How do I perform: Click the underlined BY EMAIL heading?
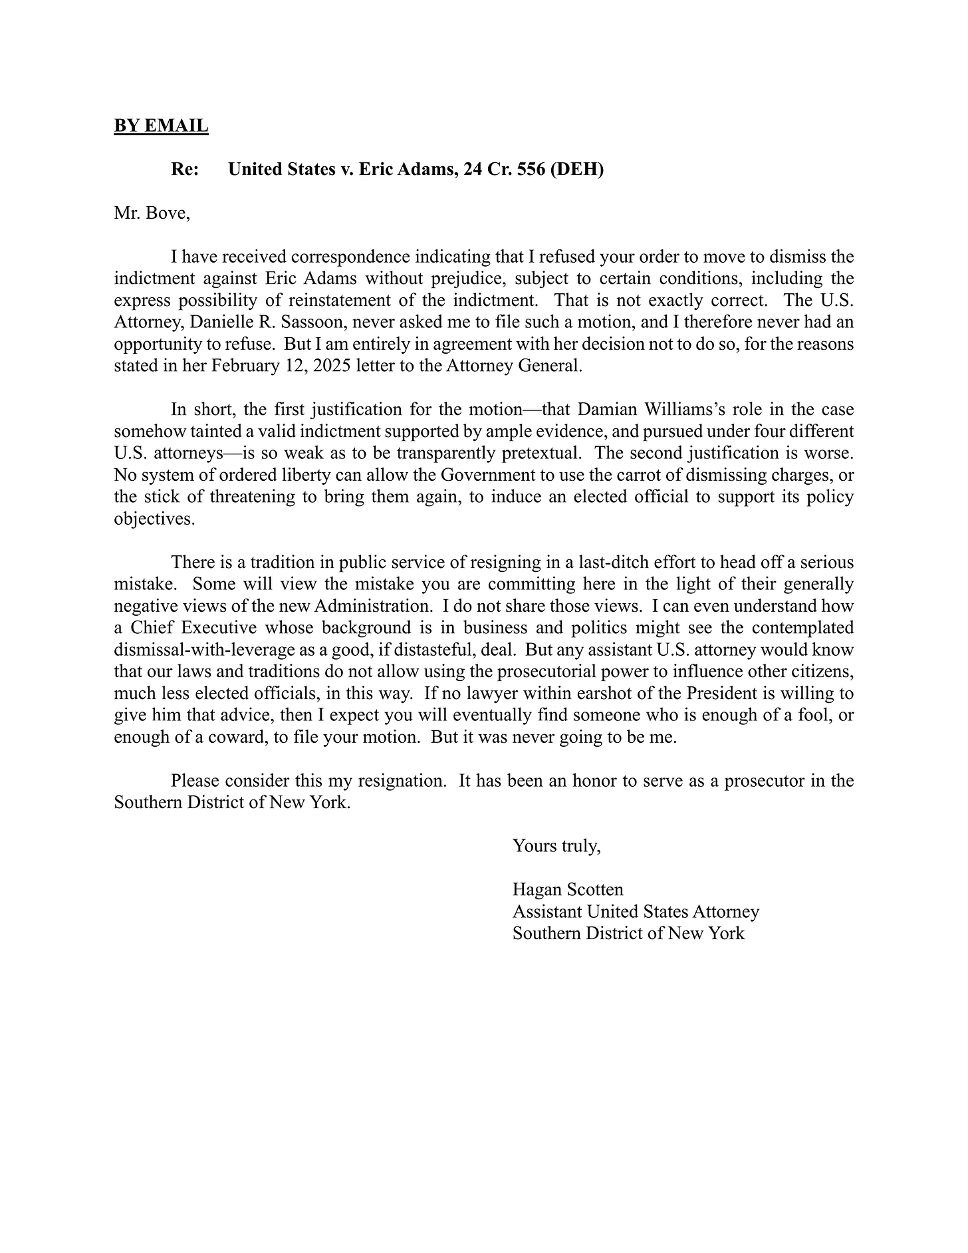click(161, 126)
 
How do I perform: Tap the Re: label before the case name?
click(185, 170)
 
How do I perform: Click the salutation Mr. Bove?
click(152, 213)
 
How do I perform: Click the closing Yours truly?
click(556, 846)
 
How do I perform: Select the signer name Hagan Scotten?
click(568, 890)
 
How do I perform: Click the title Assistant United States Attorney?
click(636, 912)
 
